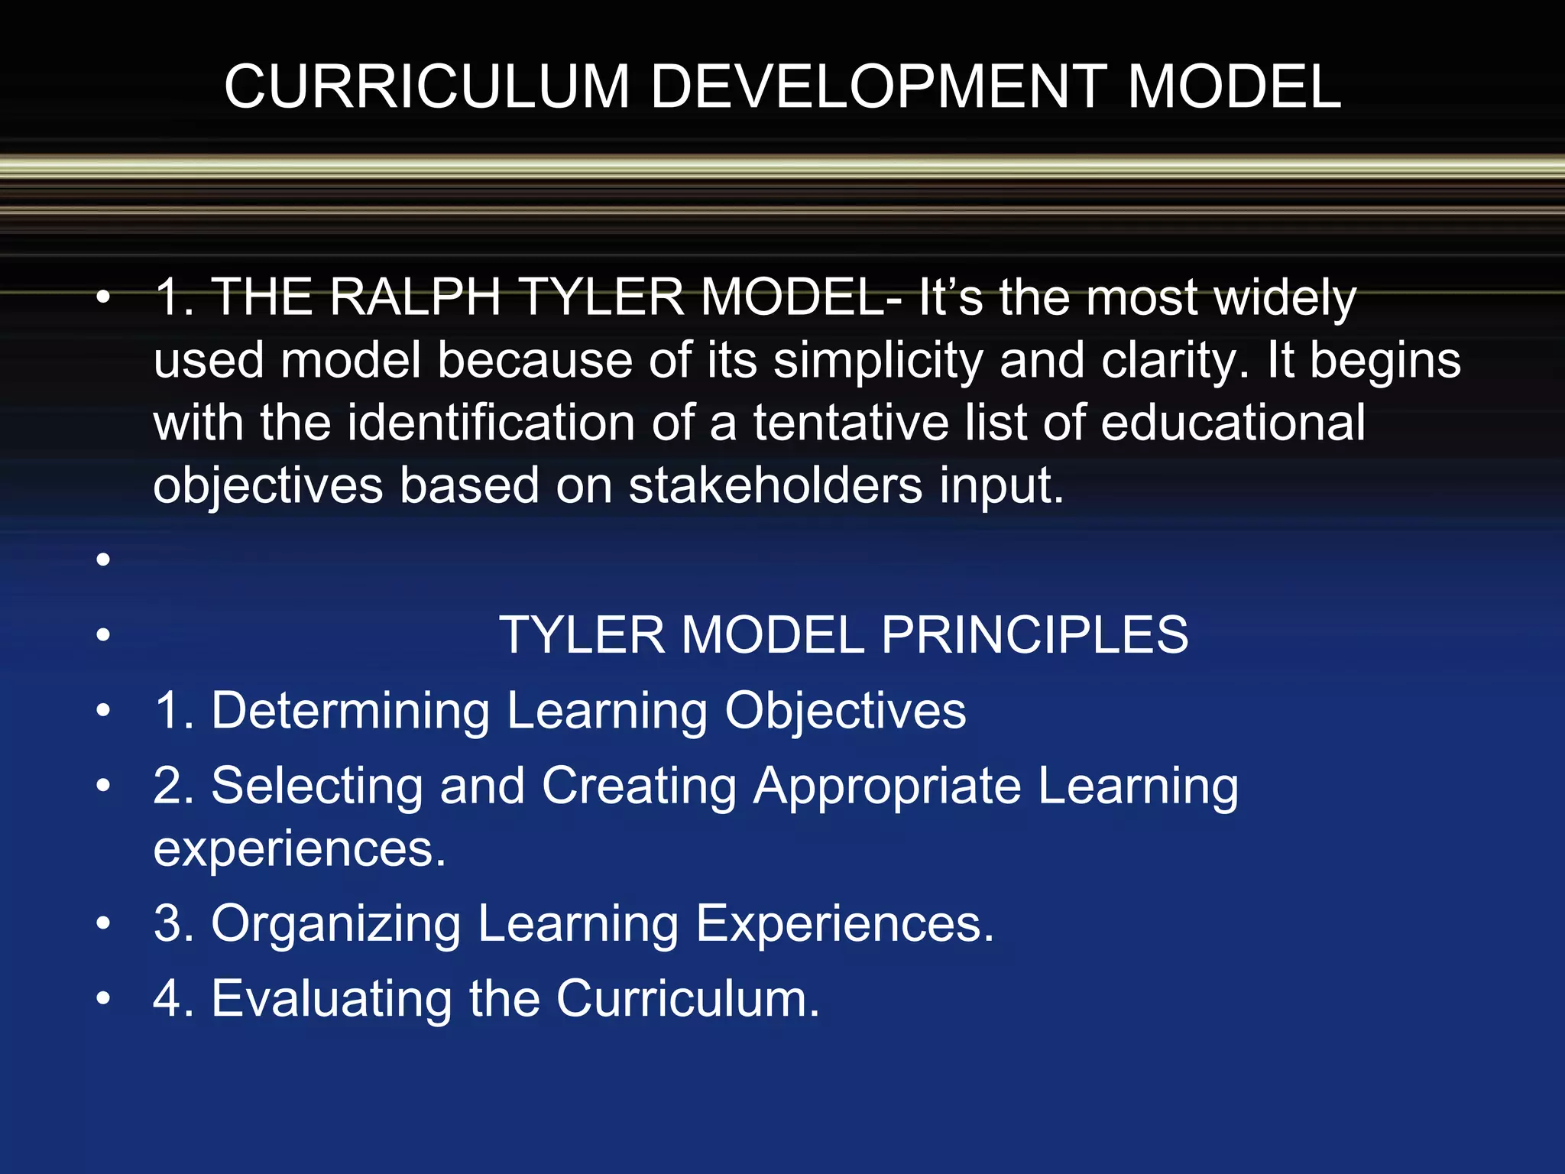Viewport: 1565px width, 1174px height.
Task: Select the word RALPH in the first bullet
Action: (415, 297)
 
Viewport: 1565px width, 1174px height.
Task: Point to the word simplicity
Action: (878, 361)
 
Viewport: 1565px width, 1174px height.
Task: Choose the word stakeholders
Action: (775, 485)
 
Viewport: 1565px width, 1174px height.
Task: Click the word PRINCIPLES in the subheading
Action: (1035, 634)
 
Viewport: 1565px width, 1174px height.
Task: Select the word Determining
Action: (350, 711)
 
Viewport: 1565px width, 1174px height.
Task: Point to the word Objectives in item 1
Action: (845, 711)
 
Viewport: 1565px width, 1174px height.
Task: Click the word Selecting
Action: (316, 786)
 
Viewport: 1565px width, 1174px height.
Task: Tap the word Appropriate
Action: (887, 787)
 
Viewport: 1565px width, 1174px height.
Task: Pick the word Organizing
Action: (335, 923)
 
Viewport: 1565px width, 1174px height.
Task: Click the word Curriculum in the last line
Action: (687, 998)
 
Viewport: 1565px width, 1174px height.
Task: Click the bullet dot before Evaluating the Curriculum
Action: (103, 999)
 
